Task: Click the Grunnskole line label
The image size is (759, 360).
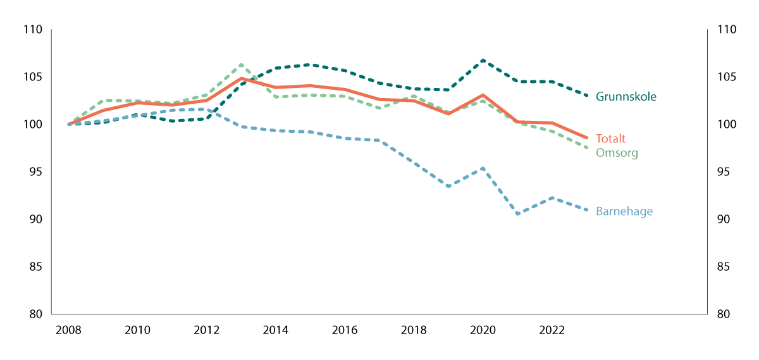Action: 626,97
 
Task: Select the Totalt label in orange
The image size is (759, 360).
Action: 610,139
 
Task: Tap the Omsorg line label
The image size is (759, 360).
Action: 617,153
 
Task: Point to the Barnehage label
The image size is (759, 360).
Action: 624,212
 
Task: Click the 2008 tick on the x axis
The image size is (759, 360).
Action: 69,330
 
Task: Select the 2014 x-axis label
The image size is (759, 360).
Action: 276,330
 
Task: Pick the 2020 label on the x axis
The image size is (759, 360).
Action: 483,330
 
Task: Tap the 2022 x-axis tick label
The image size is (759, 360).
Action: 552,330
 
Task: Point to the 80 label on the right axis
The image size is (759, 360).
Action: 724,314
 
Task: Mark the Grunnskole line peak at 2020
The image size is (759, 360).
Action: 483,60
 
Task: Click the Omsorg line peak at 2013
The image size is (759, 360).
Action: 241,65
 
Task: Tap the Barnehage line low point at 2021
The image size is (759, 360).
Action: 517,214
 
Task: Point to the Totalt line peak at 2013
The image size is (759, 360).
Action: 241,78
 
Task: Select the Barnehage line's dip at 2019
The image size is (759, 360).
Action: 448,187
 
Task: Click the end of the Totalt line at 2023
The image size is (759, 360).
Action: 586,137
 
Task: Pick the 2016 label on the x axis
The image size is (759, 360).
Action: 345,330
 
